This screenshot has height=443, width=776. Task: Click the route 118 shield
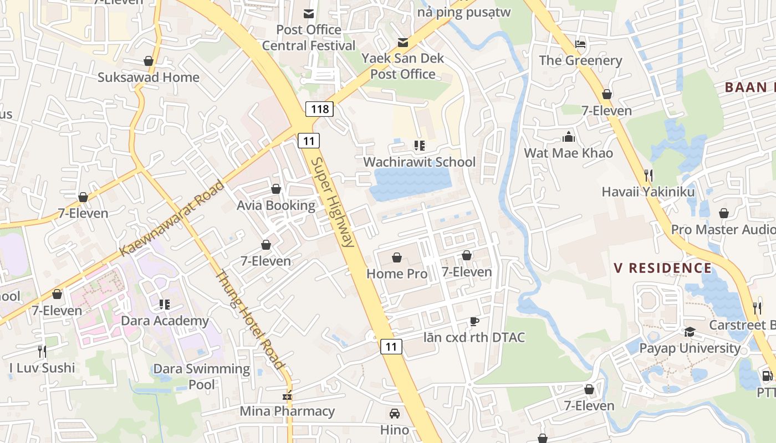[x=320, y=109]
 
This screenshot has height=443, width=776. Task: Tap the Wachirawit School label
[x=419, y=162]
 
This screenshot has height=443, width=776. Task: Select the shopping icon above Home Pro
[x=397, y=257]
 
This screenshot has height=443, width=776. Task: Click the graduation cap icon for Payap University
[x=690, y=332]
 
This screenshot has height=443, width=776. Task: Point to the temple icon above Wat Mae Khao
[x=569, y=137]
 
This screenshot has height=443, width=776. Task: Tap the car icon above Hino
[x=395, y=414]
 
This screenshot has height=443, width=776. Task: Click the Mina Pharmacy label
[x=287, y=411]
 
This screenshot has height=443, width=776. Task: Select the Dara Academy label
[x=165, y=321]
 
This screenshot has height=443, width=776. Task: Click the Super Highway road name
[x=332, y=202]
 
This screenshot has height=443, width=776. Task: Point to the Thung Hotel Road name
[x=249, y=320]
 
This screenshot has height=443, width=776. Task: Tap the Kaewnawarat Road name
[x=172, y=218]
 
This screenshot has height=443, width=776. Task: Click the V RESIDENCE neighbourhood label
[x=662, y=269]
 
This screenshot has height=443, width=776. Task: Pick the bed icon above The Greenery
[x=580, y=44]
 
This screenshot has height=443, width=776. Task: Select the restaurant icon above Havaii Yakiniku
[x=649, y=176]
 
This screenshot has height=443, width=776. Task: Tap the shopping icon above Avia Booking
[x=276, y=189]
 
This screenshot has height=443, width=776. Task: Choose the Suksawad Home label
[x=149, y=77]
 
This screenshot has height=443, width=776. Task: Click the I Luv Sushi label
[x=42, y=368]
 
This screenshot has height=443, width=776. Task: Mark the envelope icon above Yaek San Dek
[x=403, y=42]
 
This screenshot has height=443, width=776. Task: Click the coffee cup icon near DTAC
[x=474, y=321]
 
